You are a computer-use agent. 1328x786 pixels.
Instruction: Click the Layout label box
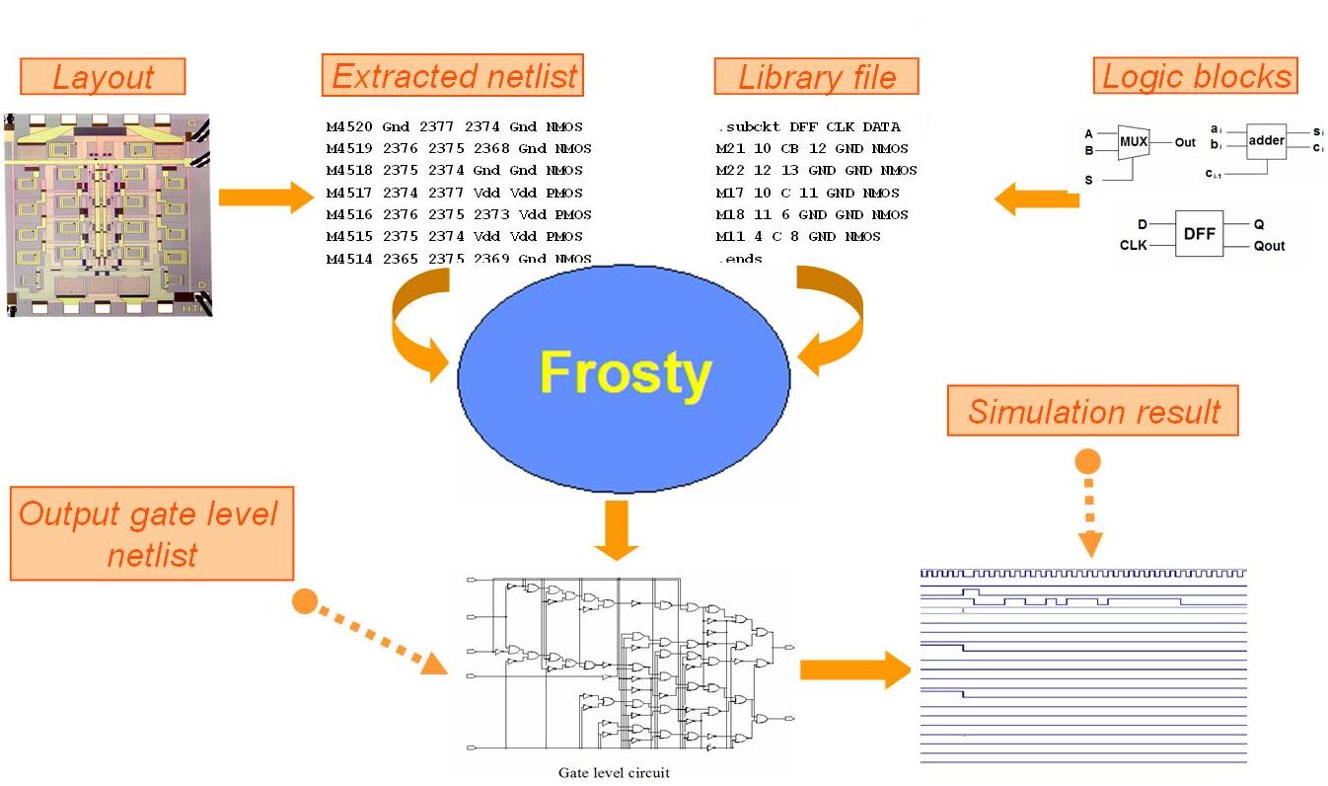(103, 77)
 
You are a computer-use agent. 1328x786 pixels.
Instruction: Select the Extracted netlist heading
(453, 76)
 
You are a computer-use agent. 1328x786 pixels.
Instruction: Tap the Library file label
(816, 77)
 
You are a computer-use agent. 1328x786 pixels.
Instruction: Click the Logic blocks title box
(1196, 77)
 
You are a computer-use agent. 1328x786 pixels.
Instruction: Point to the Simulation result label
(1092, 411)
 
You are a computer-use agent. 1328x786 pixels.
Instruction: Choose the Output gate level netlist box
(152, 533)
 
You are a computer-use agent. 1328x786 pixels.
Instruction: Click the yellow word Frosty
(625, 374)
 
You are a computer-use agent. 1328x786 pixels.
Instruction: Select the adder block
(1266, 141)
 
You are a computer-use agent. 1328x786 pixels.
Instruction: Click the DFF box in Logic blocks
(1198, 234)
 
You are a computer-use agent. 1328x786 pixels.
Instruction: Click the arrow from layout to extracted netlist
(264, 196)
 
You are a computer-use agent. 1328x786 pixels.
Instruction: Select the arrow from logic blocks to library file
(1036, 199)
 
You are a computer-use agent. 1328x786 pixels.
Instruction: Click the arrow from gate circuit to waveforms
(854, 670)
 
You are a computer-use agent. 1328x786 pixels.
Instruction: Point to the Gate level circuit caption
(613, 772)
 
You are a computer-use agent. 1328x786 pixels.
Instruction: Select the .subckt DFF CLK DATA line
(808, 126)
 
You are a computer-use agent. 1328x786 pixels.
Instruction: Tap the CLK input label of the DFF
(1134, 245)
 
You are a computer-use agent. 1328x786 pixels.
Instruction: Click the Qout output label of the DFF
(1269, 246)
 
